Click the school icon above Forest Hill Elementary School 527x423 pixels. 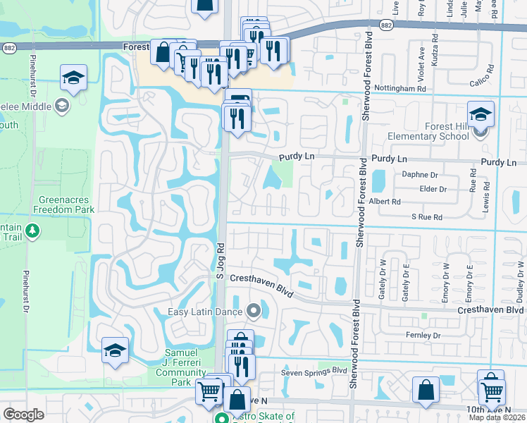click(x=481, y=114)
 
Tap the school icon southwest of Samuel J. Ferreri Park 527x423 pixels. click(x=115, y=350)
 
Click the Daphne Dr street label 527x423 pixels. click(x=419, y=174)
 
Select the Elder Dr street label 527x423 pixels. click(x=433, y=189)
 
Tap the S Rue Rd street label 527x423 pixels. click(x=427, y=217)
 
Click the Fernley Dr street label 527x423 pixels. click(x=423, y=336)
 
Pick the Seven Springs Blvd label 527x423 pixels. click(x=314, y=371)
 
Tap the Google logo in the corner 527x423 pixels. click(x=23, y=415)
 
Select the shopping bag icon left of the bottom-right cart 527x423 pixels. click(x=426, y=389)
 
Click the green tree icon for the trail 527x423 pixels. click(x=32, y=230)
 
